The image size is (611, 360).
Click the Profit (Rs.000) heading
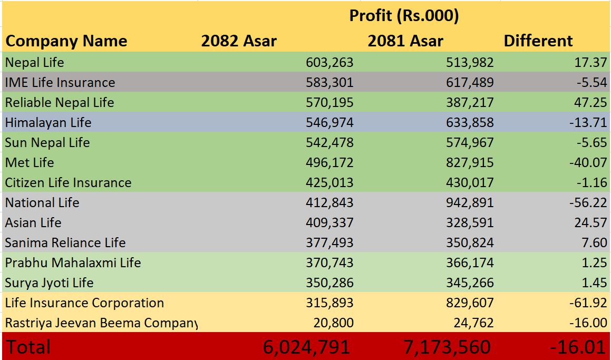pos(404,16)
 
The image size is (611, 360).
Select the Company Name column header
pos(66,41)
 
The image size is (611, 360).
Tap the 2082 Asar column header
pos(239,41)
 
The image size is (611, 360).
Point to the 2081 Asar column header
pos(405,41)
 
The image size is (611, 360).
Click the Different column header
pos(538,41)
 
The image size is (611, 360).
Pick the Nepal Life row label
pos(35,62)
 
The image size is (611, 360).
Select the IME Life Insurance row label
pos(60,82)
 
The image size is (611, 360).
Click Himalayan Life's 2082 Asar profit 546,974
pos(329,123)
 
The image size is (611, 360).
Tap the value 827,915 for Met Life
pos(470,163)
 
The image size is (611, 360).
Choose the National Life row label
pos(42,203)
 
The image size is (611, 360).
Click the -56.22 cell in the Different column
pos(588,203)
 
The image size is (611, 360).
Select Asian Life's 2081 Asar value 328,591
pos(470,223)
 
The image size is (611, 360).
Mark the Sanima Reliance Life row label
pos(65,243)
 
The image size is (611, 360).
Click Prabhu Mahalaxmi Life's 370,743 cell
pos(329,263)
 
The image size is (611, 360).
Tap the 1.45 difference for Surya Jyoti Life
pos(594,283)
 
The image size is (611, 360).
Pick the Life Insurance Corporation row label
pos(84,303)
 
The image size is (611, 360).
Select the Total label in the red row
pos(28,347)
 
